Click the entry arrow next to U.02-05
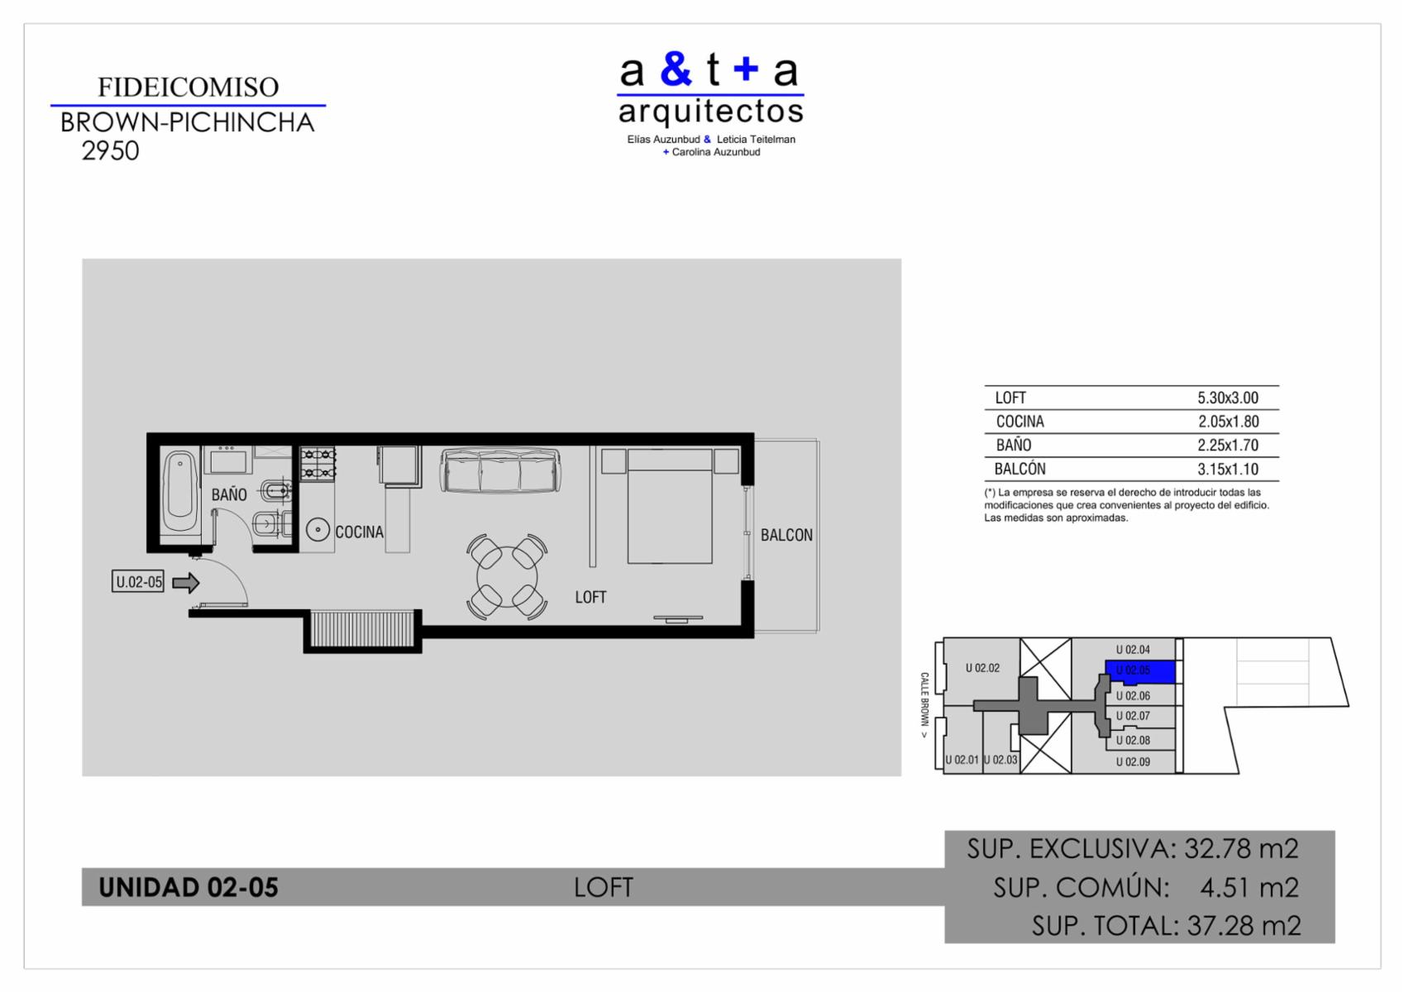(x=186, y=583)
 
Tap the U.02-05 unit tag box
(x=138, y=581)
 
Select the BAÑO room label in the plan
(x=229, y=495)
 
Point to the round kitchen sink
(x=318, y=530)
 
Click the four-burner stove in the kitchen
(x=318, y=464)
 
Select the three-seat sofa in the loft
(x=500, y=470)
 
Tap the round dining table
(x=507, y=577)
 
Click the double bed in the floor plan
(x=670, y=505)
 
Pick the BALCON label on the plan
(x=786, y=535)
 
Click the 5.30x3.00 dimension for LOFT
(x=1228, y=398)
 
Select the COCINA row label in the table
(x=1020, y=422)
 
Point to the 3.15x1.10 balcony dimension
(x=1228, y=470)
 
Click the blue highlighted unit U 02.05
(x=1140, y=671)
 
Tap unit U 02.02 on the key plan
(x=983, y=668)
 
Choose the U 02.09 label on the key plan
(x=1134, y=762)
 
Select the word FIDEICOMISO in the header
(x=188, y=87)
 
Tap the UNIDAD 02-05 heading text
(x=188, y=887)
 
